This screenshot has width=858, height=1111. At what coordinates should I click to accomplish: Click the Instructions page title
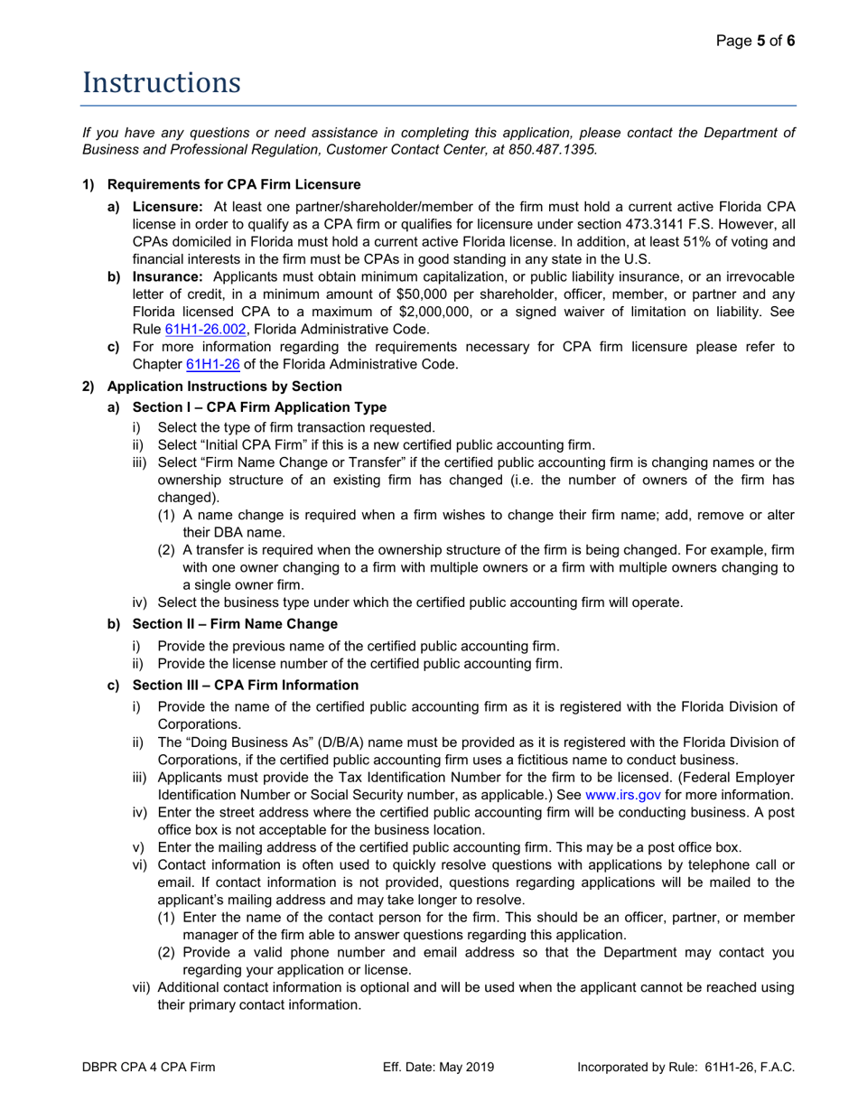point(162,83)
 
